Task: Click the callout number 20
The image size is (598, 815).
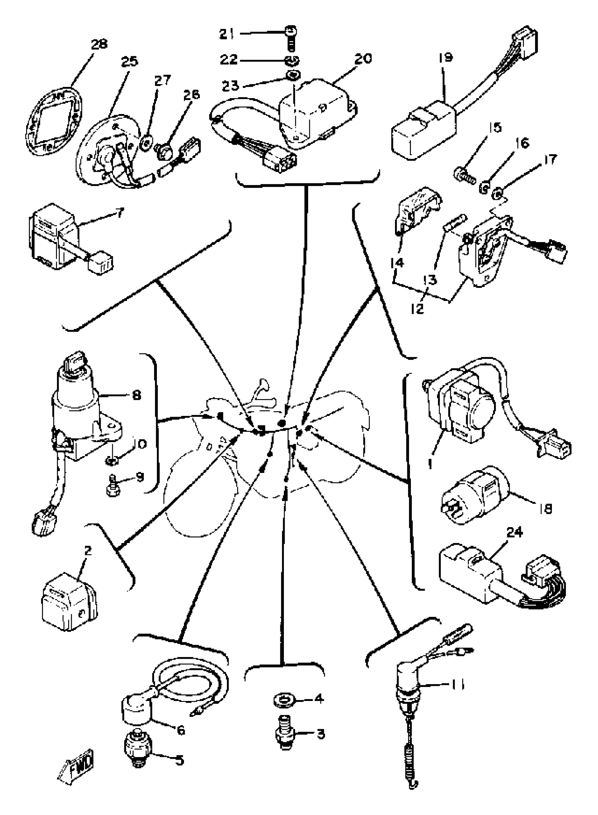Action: tap(363, 58)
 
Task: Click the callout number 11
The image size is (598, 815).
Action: tap(457, 685)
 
